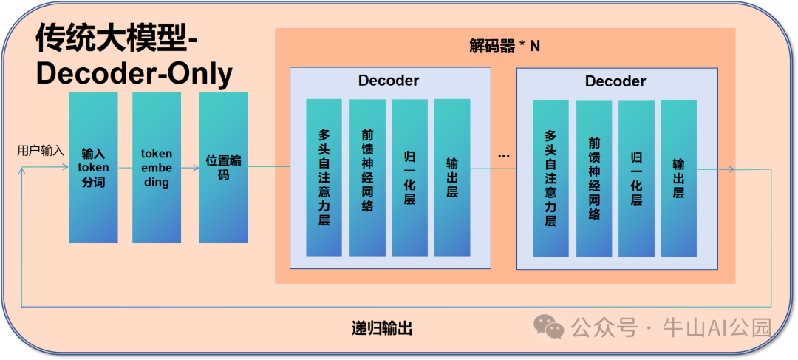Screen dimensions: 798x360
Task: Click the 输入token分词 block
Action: coord(93,168)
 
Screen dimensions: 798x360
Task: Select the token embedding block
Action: coord(157,168)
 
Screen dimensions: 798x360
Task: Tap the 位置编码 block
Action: coord(223,168)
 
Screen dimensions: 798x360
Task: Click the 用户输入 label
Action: coord(41,151)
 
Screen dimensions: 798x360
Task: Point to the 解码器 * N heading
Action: coord(505,46)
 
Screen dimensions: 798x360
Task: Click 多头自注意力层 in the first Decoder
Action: coord(324,177)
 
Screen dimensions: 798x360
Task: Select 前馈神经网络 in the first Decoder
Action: coord(367,177)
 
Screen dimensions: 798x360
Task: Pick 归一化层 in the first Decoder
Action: coord(409,177)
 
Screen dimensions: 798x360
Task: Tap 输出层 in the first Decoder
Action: coord(452,177)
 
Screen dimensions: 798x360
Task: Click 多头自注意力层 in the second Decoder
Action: coord(550,178)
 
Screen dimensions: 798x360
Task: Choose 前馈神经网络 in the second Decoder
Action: coord(594,178)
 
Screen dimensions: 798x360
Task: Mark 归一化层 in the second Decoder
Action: coord(636,178)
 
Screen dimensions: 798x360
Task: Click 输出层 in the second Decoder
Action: coord(678,178)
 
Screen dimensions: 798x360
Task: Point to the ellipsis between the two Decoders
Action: coord(504,156)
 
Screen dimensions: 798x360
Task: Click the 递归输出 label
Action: coord(382,328)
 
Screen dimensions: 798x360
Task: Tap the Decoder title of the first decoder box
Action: coord(389,81)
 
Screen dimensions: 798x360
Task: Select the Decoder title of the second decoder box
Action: coord(615,81)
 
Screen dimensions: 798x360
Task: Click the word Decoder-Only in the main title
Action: coord(134,74)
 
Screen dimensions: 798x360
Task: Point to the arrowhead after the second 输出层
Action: coord(731,170)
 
